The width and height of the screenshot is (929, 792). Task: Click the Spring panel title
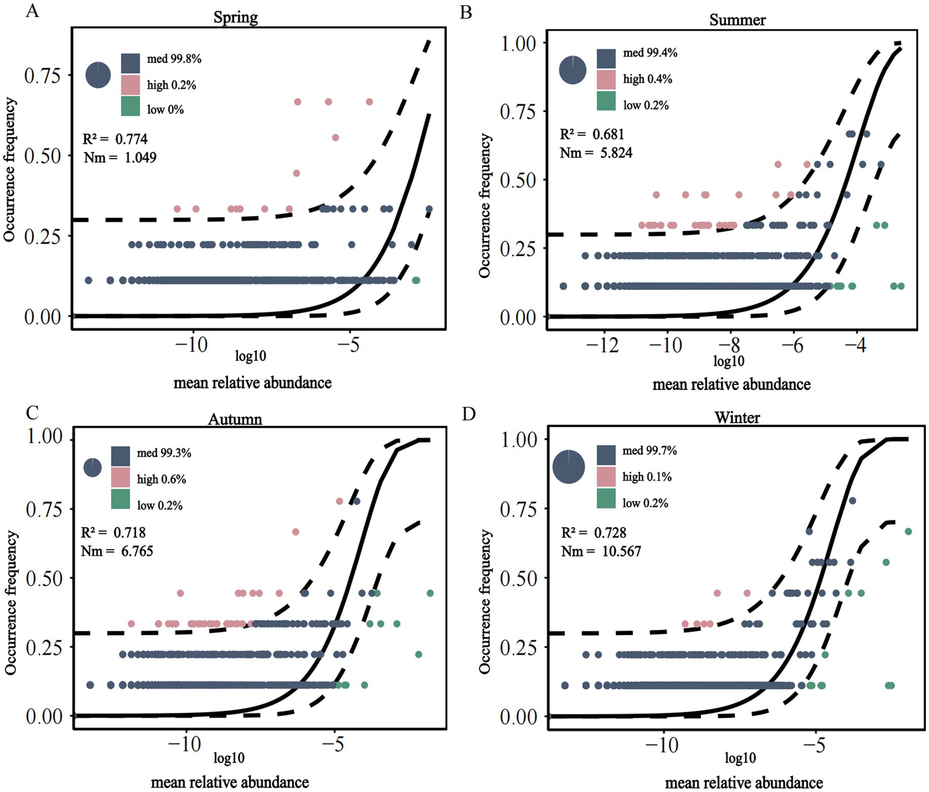pos(235,17)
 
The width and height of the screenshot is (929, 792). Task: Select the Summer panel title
pos(737,20)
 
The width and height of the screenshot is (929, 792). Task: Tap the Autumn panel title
pos(235,419)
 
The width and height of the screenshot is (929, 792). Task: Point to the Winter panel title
pos(737,417)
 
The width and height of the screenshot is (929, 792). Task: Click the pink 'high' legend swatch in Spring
pos(130,85)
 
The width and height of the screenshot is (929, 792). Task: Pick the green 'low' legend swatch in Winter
pos(606,498)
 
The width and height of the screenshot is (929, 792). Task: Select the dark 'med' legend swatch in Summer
pos(606,58)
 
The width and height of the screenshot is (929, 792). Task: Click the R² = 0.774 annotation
pos(116,139)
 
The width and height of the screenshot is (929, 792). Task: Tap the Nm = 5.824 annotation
pos(596,153)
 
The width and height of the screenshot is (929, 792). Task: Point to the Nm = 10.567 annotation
pos(601,551)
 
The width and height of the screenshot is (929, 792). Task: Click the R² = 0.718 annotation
pos(113,532)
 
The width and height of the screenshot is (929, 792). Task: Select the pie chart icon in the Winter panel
pos(568,466)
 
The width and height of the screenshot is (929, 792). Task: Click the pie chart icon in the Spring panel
pos(98,75)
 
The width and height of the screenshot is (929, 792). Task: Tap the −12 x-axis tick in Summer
pos(603,345)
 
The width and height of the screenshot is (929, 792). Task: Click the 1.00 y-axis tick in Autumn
pos(44,436)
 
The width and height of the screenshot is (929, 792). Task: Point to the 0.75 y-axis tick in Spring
pos(43,76)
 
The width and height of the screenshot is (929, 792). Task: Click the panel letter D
pos(469,414)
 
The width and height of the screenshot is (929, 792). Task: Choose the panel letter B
pos(466,12)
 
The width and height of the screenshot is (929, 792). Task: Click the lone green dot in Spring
pos(416,280)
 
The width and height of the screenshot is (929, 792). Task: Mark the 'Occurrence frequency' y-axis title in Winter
pos(485,601)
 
